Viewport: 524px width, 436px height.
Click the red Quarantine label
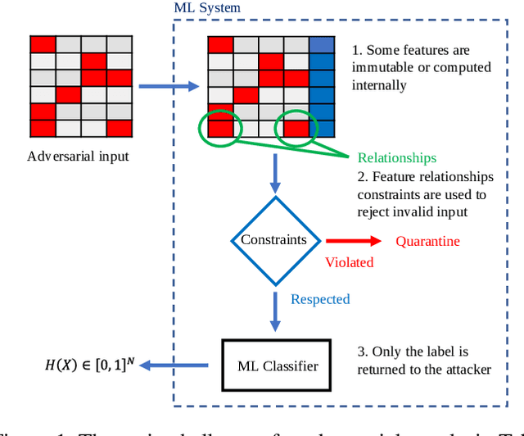point(427,241)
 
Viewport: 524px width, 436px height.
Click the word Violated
point(350,262)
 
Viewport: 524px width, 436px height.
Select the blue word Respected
point(320,299)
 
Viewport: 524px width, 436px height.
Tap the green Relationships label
point(397,157)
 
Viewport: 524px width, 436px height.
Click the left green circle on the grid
point(220,126)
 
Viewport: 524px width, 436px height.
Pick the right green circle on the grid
point(297,128)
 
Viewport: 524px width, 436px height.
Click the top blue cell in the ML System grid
point(323,45)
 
